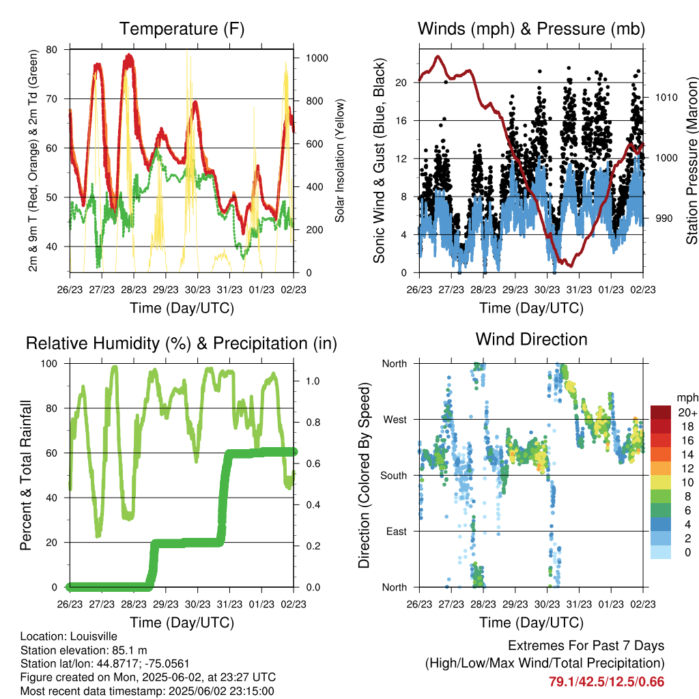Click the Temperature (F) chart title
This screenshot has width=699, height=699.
(x=182, y=29)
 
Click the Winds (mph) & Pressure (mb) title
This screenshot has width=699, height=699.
(x=531, y=29)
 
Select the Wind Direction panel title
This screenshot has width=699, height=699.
(x=531, y=339)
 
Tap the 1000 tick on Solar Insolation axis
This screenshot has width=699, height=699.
(x=317, y=58)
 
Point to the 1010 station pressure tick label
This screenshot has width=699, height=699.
(x=666, y=97)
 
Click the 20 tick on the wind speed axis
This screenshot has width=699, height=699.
(x=401, y=83)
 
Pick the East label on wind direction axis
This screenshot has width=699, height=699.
(x=397, y=531)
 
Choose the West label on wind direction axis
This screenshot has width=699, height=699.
(x=395, y=420)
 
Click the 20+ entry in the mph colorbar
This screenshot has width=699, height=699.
(x=687, y=412)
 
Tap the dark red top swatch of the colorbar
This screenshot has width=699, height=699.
(x=661, y=412)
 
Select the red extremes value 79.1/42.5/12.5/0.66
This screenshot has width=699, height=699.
(x=606, y=682)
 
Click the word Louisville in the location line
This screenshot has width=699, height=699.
(x=94, y=636)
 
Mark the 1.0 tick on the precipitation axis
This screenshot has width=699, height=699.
(x=313, y=381)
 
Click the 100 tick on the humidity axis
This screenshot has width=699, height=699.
(x=49, y=363)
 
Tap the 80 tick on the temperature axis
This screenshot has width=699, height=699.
(x=51, y=49)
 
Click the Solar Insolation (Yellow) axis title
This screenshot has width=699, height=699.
(x=340, y=160)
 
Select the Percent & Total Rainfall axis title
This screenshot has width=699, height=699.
(x=26, y=475)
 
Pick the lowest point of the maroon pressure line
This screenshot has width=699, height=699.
(x=571, y=266)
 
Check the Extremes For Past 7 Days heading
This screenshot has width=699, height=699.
(x=586, y=646)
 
